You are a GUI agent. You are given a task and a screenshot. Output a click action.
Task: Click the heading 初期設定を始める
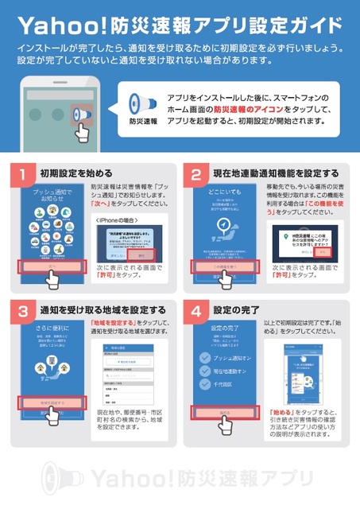click(75, 173)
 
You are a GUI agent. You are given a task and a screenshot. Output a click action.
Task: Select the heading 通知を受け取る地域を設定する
click(103, 309)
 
